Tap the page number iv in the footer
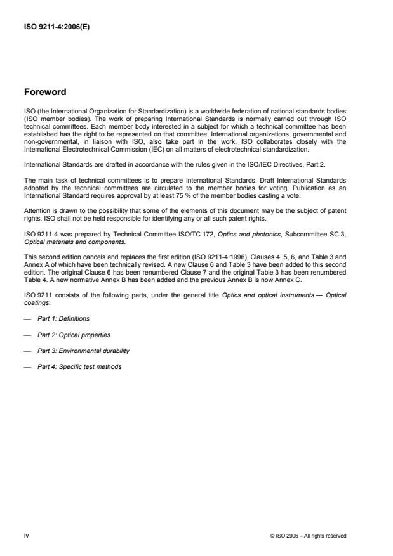(x=27, y=536)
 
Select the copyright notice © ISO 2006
(x=308, y=536)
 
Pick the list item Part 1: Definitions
(x=63, y=318)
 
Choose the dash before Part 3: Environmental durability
(x=27, y=351)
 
